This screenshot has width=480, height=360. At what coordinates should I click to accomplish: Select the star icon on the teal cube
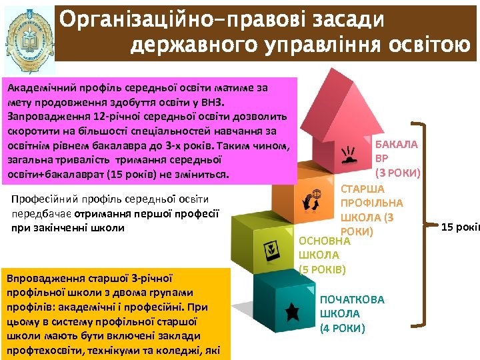tap(291, 310)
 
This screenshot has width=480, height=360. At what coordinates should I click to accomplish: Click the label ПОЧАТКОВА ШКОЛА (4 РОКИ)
tap(352, 314)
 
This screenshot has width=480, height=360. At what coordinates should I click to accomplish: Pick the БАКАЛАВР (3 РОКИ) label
tap(397, 159)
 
